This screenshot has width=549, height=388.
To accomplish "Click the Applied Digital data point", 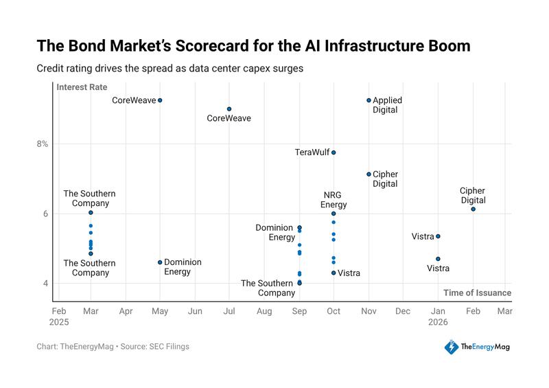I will pyautogui.click(x=369, y=100).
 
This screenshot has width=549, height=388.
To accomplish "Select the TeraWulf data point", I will pyautogui.click(x=334, y=152).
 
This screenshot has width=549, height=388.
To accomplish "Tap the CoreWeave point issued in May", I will pyautogui.click(x=160, y=100).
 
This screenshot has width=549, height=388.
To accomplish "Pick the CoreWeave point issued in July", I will pyautogui.click(x=229, y=109).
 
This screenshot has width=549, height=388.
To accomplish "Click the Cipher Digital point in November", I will pyautogui.click(x=369, y=174).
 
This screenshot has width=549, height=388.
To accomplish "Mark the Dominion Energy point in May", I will pyautogui.click(x=160, y=262).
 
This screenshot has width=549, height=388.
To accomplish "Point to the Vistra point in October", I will pyautogui.click(x=334, y=273).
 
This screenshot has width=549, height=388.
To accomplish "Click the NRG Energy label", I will pyautogui.click(x=334, y=200).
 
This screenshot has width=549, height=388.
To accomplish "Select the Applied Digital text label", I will pyautogui.click(x=387, y=105).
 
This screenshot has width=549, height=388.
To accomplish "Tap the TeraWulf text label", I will pyautogui.click(x=312, y=152).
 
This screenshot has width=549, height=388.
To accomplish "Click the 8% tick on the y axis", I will pyautogui.click(x=43, y=144).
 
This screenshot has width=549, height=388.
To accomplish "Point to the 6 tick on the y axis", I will pyautogui.click(x=45, y=214).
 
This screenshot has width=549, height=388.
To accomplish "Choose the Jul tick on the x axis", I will pyautogui.click(x=229, y=311).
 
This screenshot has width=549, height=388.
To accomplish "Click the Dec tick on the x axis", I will pyautogui.click(x=403, y=311).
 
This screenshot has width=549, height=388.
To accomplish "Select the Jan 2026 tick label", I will pyautogui.click(x=438, y=316).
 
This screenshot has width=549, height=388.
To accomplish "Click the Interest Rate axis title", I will pyautogui.click(x=81, y=87).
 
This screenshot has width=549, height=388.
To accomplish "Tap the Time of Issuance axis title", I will pyautogui.click(x=477, y=293).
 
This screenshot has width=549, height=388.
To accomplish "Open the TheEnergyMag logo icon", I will pyautogui.click(x=451, y=347).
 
